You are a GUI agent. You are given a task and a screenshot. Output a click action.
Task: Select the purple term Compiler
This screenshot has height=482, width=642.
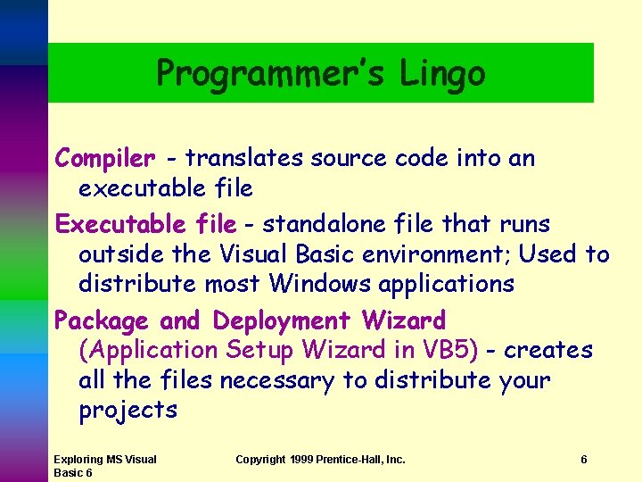pyautogui.click(x=104, y=159)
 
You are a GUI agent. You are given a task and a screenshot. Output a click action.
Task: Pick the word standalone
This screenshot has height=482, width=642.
pyautogui.click(x=326, y=224)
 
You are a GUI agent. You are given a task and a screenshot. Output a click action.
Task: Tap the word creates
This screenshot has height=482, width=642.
pyautogui.click(x=547, y=351)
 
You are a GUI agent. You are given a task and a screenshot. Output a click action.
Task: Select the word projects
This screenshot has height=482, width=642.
pyautogui.click(x=128, y=411)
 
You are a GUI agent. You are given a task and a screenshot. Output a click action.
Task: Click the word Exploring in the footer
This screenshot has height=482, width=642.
pyautogui.click(x=78, y=460)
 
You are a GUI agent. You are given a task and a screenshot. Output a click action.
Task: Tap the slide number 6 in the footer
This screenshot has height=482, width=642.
pyautogui.click(x=583, y=460)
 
